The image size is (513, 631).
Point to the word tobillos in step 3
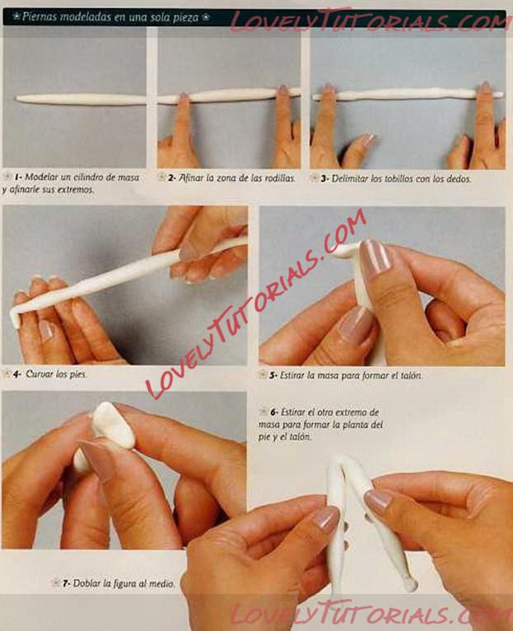[x=388, y=179]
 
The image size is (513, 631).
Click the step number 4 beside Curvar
[x=16, y=374]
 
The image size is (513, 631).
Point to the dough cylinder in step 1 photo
[x=81, y=100]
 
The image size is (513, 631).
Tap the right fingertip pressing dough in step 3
[x=484, y=89]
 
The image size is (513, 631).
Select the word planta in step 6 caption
[x=348, y=425]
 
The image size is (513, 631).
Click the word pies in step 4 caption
[x=78, y=374]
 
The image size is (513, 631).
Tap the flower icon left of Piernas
[x=16, y=16]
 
